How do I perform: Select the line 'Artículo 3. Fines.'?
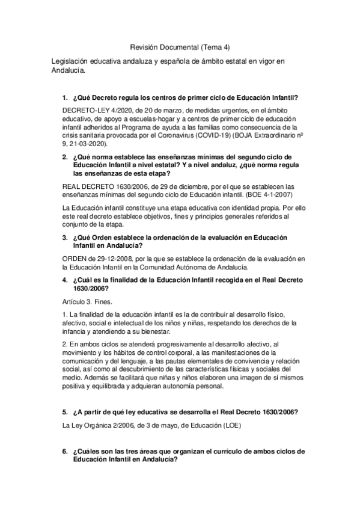pyautogui.click(x=88, y=302)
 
